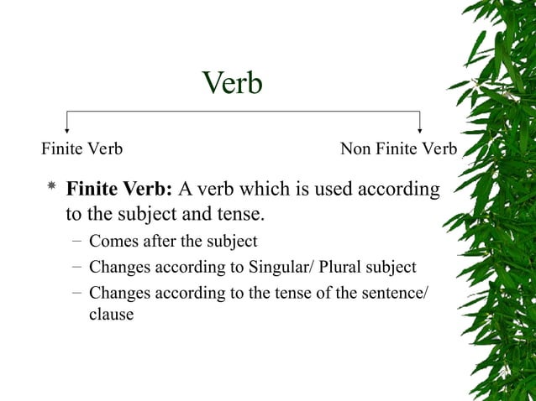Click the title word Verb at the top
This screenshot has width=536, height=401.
tap(233, 83)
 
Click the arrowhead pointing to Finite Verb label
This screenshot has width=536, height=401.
tap(67, 129)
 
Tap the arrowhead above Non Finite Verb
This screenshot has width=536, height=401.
tap(419, 129)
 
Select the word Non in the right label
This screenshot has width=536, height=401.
tap(356, 149)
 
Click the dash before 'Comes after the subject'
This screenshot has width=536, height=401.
tap(76, 242)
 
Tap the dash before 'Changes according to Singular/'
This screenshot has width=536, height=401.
tap(76, 268)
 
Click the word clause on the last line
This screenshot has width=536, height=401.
tap(111, 315)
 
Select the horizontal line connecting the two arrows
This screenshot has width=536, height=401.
tap(244, 112)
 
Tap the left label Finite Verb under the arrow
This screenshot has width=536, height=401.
tap(82, 149)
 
